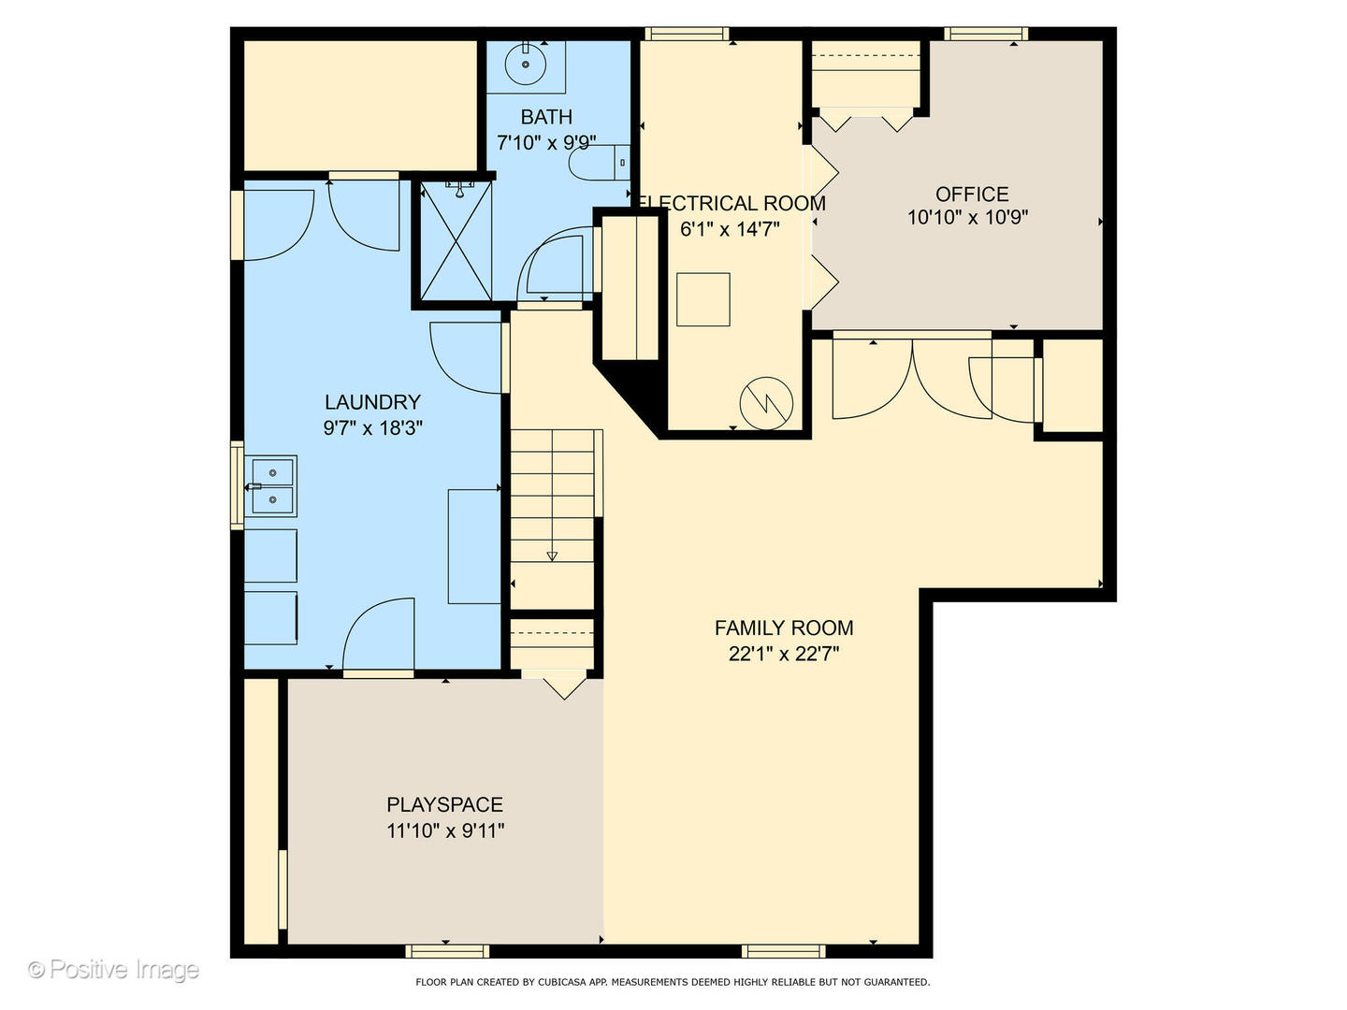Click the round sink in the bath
click(x=526, y=64)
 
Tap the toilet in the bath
click(x=599, y=163)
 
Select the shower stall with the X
click(x=456, y=241)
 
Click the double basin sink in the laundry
click(x=270, y=486)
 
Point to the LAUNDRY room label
click(x=372, y=402)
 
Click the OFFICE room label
click(x=972, y=195)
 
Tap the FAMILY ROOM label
click(x=784, y=628)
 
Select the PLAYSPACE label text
click(x=445, y=804)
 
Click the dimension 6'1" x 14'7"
click(x=731, y=229)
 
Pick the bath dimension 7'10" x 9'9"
click(x=546, y=143)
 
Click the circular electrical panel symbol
click(x=766, y=403)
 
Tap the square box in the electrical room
click(x=703, y=300)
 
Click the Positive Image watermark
click(x=113, y=970)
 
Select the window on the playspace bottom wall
click(x=447, y=968)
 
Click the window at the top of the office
click(x=986, y=34)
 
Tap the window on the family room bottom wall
click(x=784, y=968)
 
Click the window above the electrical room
click(x=687, y=34)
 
